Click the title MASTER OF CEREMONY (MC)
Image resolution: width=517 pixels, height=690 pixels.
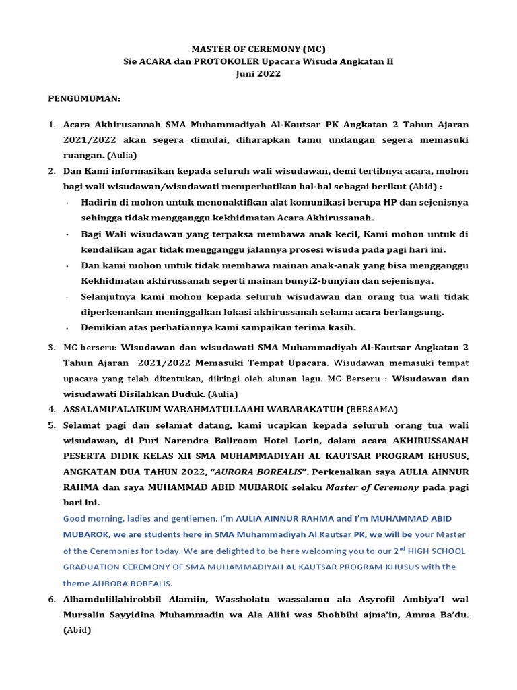(x=258, y=49)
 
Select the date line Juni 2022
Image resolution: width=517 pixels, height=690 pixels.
(x=258, y=74)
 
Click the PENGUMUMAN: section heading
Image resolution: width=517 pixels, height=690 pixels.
(x=84, y=99)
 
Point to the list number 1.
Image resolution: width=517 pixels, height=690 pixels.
(x=51, y=125)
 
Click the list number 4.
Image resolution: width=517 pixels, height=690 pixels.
(x=51, y=408)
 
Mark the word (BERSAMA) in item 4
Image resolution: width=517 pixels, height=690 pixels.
(x=372, y=408)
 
